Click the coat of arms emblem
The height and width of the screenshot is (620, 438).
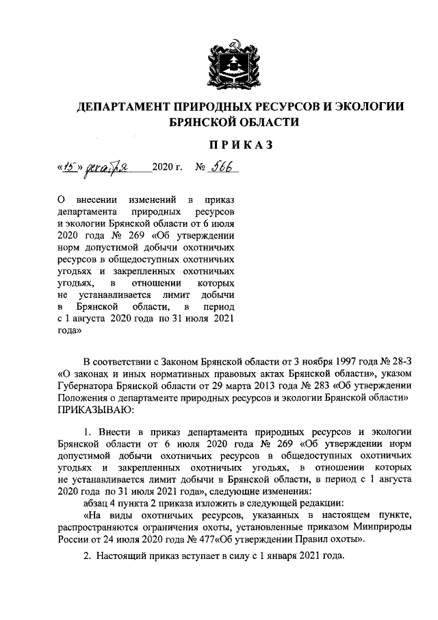[219, 63]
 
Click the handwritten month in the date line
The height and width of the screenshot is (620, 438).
[107, 168]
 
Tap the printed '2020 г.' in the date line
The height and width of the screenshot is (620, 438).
[168, 168]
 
